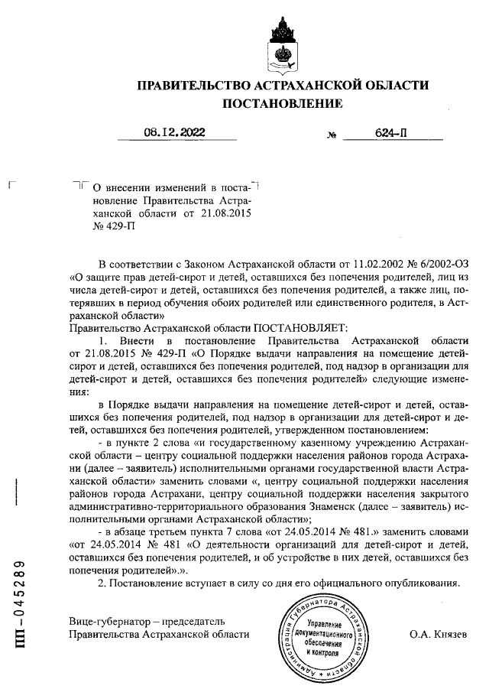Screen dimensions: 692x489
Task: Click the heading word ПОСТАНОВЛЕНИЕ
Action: point(282,103)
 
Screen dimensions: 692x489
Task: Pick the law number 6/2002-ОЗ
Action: point(429,264)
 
